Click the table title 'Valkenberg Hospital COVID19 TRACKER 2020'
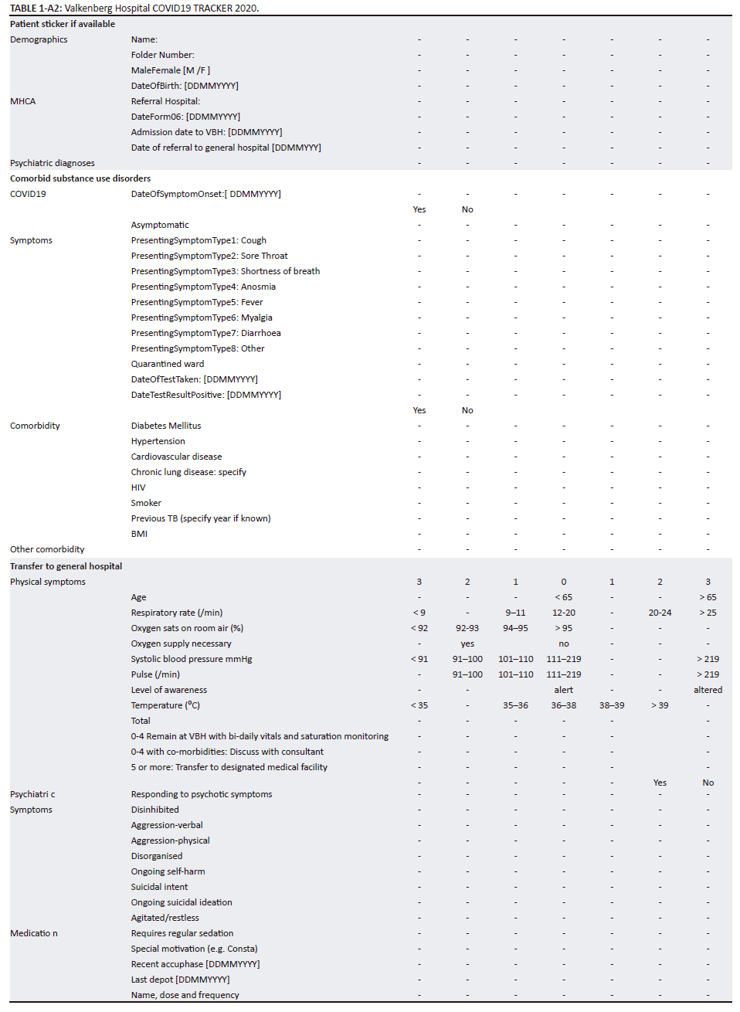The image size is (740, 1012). coord(161,8)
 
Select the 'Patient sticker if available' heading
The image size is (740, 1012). coord(63,24)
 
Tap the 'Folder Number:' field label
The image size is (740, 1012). coord(163,55)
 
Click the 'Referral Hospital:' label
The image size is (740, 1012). coord(165,101)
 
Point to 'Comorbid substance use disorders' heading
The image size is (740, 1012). coord(80,178)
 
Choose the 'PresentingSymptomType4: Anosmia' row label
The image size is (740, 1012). coord(203,287)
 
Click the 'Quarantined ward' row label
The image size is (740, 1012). coord(168,364)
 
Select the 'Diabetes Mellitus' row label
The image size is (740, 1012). coord(166,426)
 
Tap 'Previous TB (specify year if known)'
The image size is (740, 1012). coord(201,518)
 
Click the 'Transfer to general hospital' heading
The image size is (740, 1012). coord(66,566)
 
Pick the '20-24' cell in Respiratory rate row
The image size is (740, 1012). coord(660,613)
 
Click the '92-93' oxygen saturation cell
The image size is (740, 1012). coord(467,628)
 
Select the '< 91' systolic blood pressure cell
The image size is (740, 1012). coord(419,659)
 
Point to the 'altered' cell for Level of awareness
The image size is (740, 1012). coord(708,690)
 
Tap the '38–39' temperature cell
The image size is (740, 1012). coord(612,705)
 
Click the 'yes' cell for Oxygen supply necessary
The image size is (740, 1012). coord(467,644)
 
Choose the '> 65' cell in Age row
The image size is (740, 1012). coord(708,597)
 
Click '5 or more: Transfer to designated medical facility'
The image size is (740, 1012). coord(229,767)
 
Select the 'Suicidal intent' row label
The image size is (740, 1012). coord(159,887)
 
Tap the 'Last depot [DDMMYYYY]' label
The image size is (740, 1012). coord(180,980)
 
